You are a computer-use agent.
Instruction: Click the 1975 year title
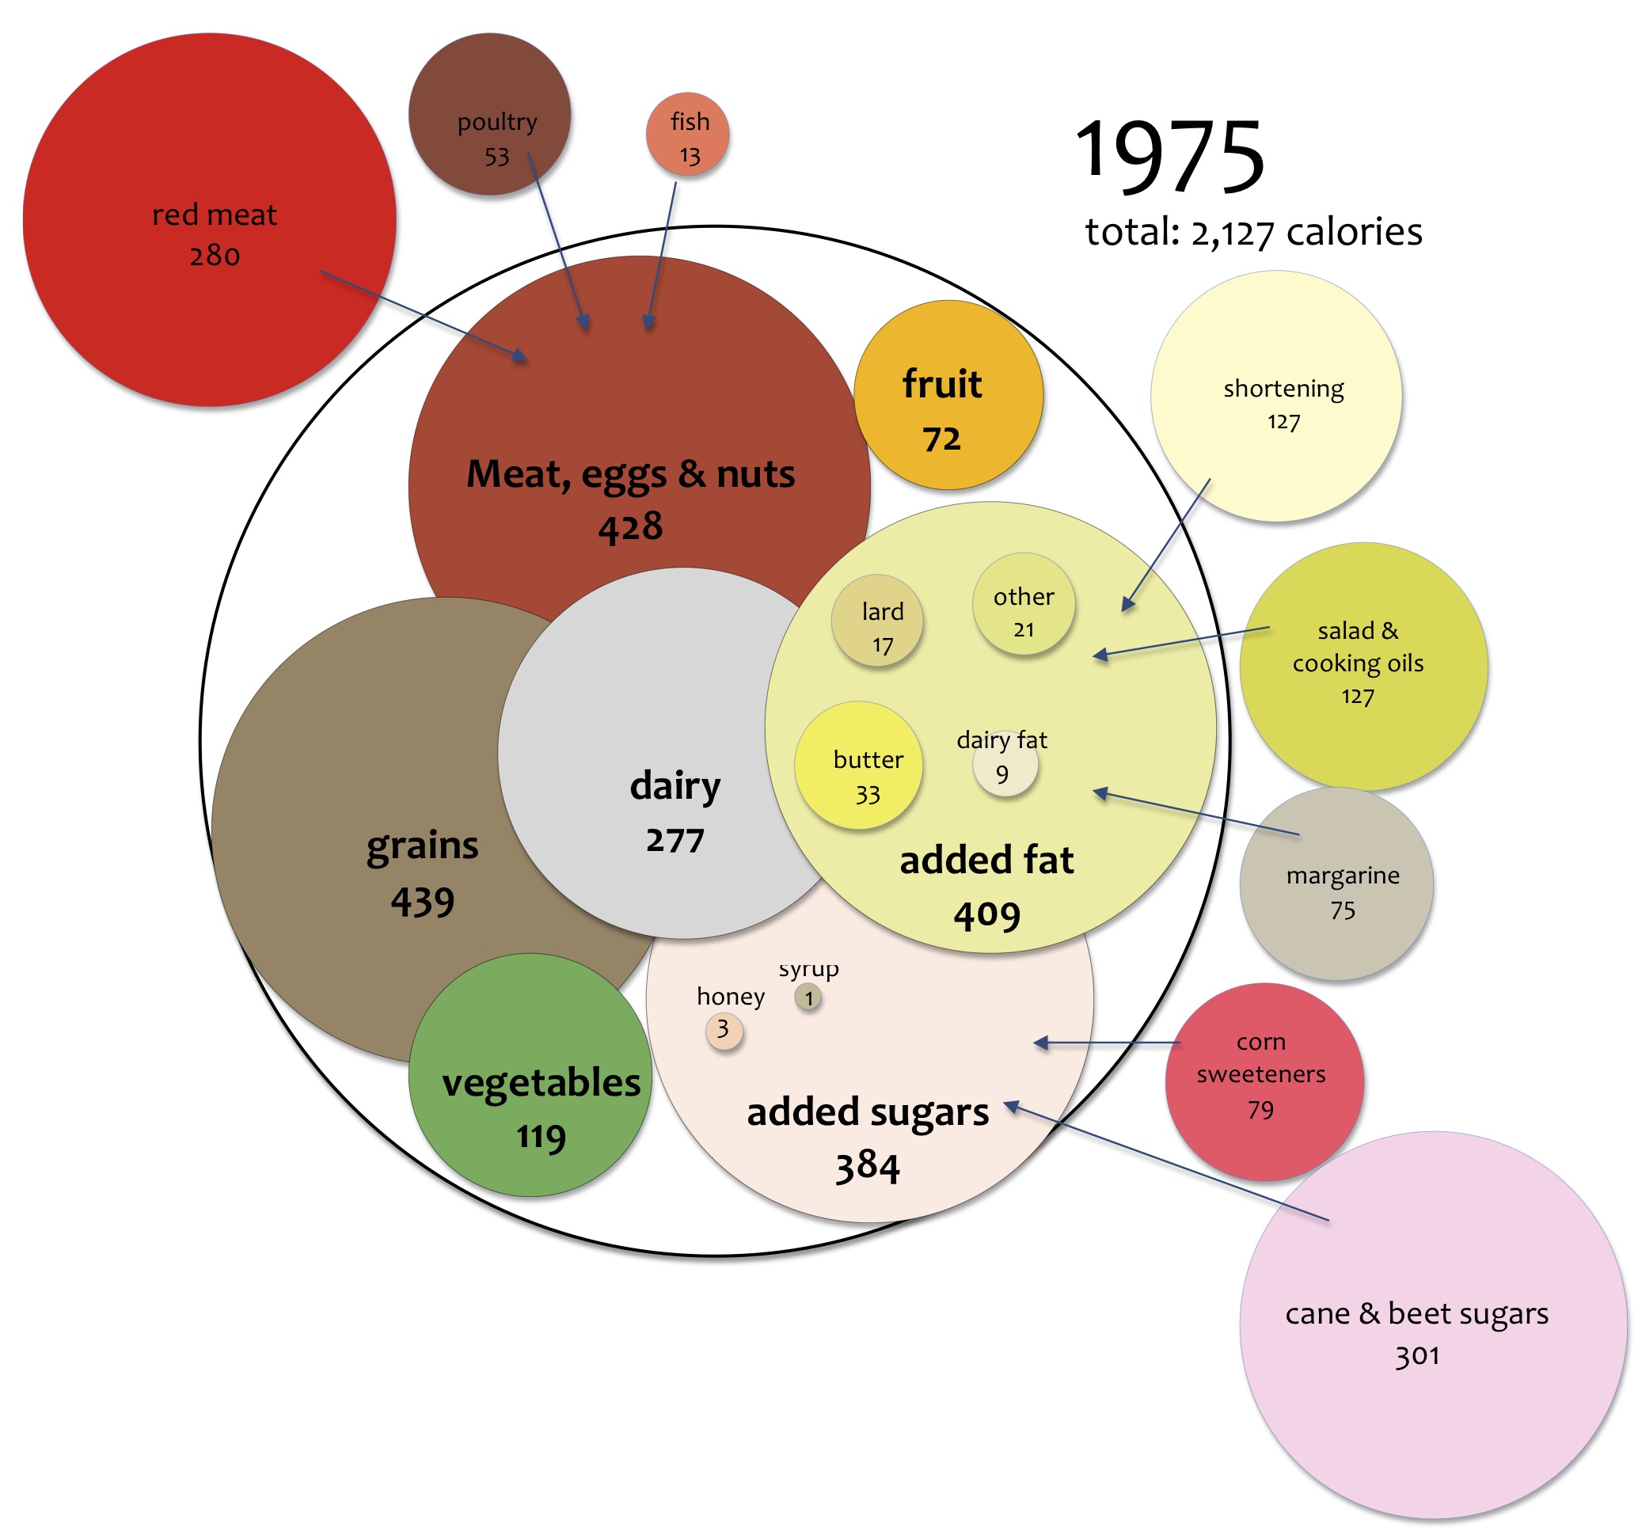pyautogui.click(x=1169, y=156)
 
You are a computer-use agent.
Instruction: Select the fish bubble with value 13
pyautogui.click(x=687, y=134)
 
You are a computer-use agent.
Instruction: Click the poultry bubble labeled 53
pyautogui.click(x=489, y=114)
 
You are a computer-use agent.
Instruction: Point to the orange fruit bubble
pyautogui.click(x=948, y=395)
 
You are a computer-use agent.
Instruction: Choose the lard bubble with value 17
pyautogui.click(x=876, y=621)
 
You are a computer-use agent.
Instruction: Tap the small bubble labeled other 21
pyautogui.click(x=1024, y=604)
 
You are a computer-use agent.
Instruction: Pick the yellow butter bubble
pyautogui.click(x=857, y=765)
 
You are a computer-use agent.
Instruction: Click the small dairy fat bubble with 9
pyautogui.click(x=1005, y=768)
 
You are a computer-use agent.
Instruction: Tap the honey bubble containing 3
pyautogui.click(x=724, y=1031)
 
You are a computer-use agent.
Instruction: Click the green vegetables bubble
pyautogui.click(x=530, y=1075)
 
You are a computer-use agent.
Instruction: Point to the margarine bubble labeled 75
pyautogui.click(x=1336, y=884)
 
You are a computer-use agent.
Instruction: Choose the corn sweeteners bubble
pyautogui.click(x=1264, y=1081)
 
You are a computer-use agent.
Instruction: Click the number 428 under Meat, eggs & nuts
pyautogui.click(x=630, y=527)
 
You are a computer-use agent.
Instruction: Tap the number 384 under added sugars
pyautogui.click(x=868, y=1167)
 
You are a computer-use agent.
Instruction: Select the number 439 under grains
pyautogui.click(x=422, y=902)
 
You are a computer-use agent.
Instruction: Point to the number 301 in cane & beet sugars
pyautogui.click(x=1416, y=1355)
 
